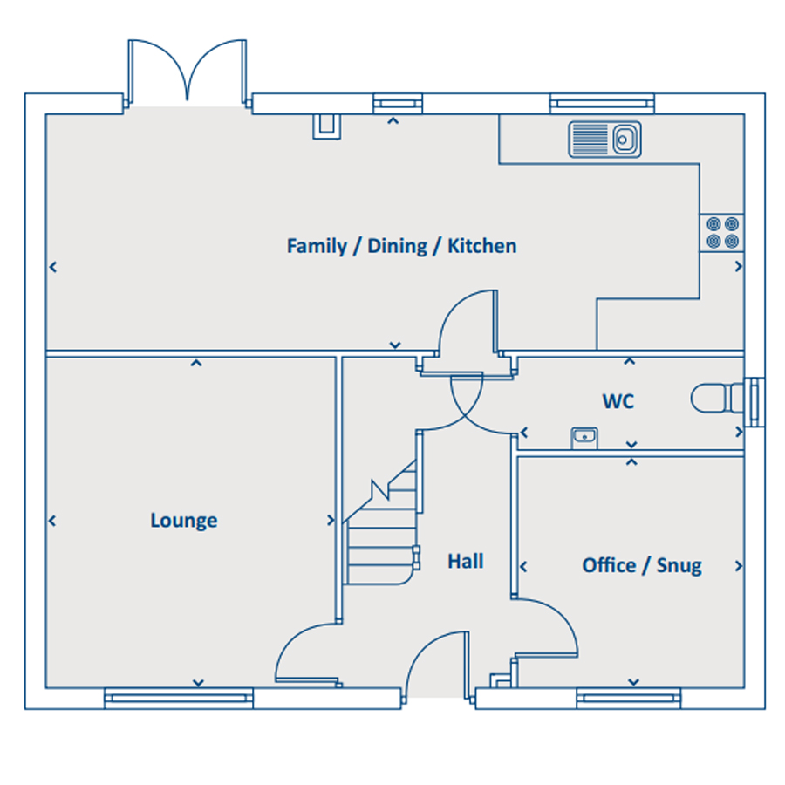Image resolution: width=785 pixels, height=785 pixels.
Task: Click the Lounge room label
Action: point(184,521)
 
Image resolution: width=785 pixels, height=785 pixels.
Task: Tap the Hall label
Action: point(466,561)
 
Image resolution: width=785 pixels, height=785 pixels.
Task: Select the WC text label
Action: point(618,401)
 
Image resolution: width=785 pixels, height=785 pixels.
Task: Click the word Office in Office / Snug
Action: point(609,565)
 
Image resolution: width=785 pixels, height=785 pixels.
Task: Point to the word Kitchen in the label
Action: point(481,246)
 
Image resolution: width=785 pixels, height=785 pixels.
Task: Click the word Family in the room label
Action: point(317,246)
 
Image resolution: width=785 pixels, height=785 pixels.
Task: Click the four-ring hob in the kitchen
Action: point(722,233)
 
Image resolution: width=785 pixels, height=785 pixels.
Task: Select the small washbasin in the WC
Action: point(584,439)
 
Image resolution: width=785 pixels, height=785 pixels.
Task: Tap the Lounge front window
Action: point(179,699)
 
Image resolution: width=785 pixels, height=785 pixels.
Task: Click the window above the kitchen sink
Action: point(602,103)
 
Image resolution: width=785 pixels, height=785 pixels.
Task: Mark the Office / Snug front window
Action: point(628,699)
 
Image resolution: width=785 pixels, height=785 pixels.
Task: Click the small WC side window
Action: point(754,402)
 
